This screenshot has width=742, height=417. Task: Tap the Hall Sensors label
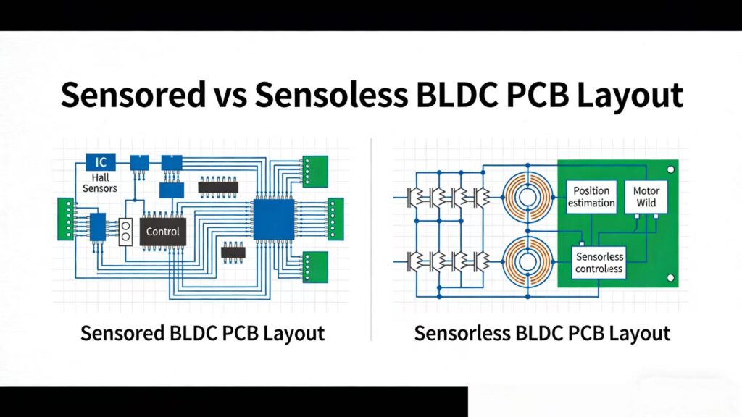point(100,182)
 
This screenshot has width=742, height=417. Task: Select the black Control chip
point(163,232)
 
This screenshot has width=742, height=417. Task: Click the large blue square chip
point(274,219)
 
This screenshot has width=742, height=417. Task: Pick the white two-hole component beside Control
point(125,232)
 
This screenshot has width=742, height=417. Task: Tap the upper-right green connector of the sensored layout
point(315,169)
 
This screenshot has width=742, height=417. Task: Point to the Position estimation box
point(591,197)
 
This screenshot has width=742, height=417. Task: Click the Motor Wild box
point(646,197)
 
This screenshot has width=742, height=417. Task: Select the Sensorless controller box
point(599,262)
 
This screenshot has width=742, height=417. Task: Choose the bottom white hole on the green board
point(671,278)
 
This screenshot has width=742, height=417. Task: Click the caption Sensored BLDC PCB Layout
point(202,334)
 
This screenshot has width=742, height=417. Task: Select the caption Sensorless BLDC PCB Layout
point(542,334)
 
